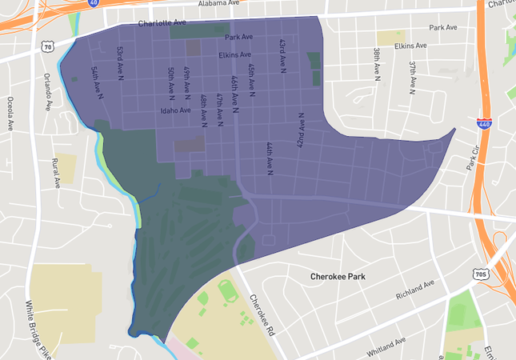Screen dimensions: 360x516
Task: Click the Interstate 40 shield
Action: click(94, 3)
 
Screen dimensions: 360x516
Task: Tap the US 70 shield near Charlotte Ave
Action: click(47, 47)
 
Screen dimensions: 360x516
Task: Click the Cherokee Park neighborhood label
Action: click(342, 277)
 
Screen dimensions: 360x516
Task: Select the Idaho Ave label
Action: click(175, 110)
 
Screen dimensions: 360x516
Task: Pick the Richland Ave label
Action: click(415, 290)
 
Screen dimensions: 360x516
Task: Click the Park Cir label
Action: click(477, 158)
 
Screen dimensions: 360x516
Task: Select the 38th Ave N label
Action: click(376, 63)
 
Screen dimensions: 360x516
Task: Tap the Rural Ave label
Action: click(56, 172)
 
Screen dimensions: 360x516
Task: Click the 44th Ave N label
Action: click(269, 158)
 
